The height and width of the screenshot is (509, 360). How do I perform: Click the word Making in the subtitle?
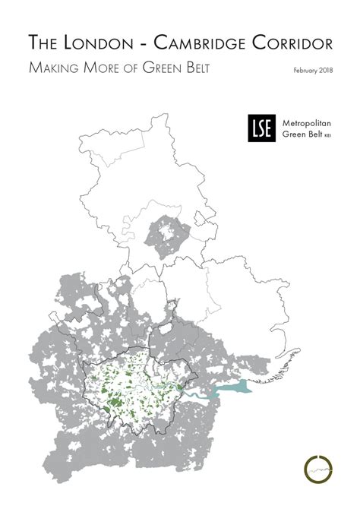[55, 68]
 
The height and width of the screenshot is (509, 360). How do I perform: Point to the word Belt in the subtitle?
[191, 68]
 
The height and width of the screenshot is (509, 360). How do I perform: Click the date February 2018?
[312, 71]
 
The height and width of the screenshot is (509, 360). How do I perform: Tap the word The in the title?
[41, 43]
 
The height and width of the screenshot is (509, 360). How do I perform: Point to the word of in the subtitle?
[124, 68]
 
